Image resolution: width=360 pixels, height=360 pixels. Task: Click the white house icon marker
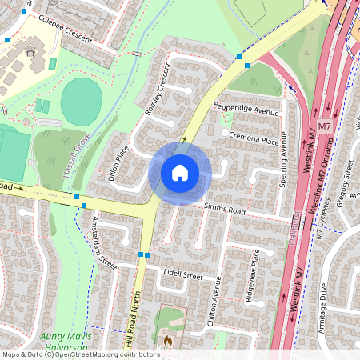click(180, 173)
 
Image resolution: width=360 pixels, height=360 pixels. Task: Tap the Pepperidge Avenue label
click(246, 106)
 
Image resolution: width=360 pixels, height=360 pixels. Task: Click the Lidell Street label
click(183, 274)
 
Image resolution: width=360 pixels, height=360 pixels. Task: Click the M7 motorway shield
click(324, 126)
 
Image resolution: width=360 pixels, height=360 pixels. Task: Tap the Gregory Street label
click(347, 184)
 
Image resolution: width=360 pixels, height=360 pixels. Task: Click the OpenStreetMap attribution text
click(80, 354)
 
